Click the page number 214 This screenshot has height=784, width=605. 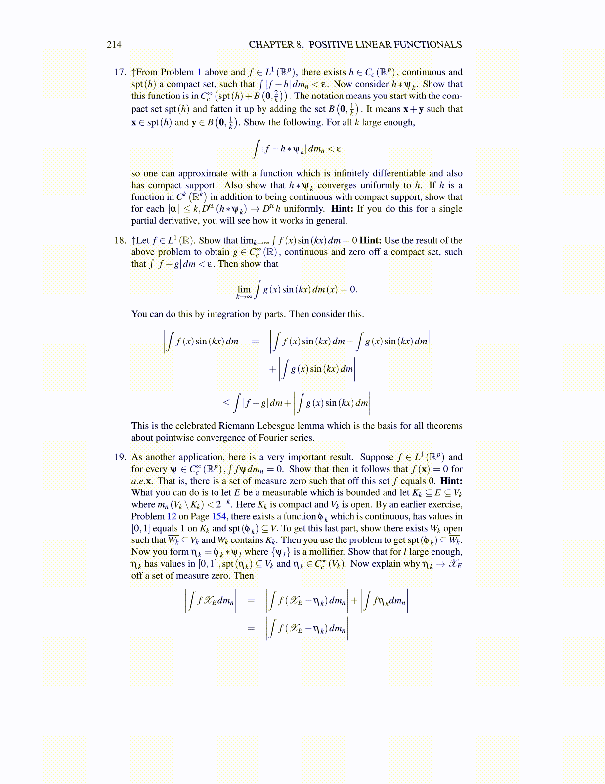tap(114, 45)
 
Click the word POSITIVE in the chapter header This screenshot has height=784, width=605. tap(331, 45)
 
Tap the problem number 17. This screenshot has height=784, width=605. tap(120, 72)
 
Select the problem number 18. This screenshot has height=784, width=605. tap(120, 241)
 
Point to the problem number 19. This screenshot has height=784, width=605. tap(120, 457)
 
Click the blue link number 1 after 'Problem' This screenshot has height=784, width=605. tap(199, 72)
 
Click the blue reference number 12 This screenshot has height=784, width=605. tap(172, 517)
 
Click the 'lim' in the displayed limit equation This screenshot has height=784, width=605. tap(244, 289)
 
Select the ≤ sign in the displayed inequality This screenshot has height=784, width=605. tap(226, 403)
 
